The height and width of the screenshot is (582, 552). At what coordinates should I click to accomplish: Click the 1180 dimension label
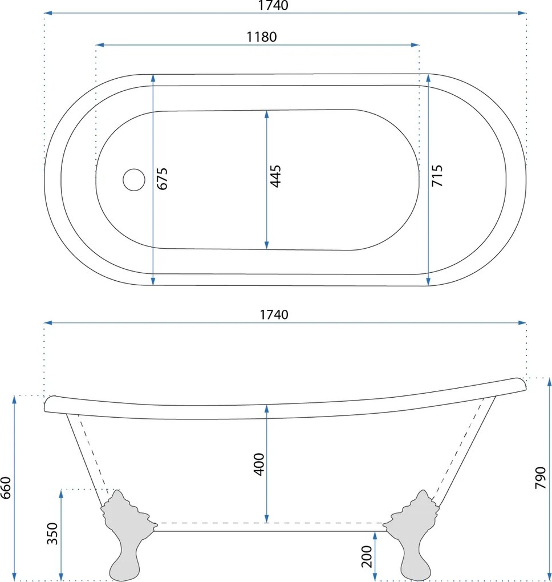262,37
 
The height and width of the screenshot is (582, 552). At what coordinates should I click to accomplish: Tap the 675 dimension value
162,179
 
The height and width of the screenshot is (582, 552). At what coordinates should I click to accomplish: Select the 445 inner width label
275,176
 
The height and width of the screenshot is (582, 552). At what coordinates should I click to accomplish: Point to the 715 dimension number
437,176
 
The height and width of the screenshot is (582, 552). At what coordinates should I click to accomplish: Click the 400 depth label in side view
259,464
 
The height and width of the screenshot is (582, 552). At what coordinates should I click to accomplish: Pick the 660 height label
6,488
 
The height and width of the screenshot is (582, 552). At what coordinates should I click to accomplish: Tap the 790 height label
541,478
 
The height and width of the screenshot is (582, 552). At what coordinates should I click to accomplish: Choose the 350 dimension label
52,533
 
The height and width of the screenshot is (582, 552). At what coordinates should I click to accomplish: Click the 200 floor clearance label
366,556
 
